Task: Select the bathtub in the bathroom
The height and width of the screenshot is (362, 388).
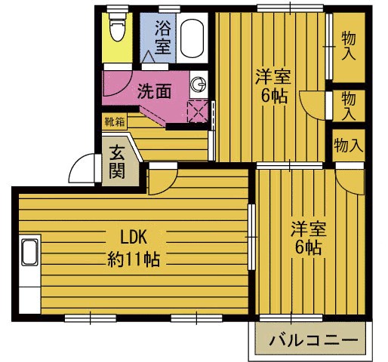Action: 192,38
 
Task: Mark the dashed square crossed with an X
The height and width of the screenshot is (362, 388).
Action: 198,112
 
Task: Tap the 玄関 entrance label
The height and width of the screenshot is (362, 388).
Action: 117,161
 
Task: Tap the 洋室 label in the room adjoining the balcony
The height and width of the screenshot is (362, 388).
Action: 308,227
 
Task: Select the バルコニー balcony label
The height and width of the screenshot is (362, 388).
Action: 312,340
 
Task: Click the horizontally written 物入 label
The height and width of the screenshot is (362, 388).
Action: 348,144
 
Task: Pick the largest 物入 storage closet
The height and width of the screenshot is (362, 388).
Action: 348,47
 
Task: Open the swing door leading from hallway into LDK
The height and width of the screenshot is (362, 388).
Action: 161,179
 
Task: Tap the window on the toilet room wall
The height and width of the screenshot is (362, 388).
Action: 116,10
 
